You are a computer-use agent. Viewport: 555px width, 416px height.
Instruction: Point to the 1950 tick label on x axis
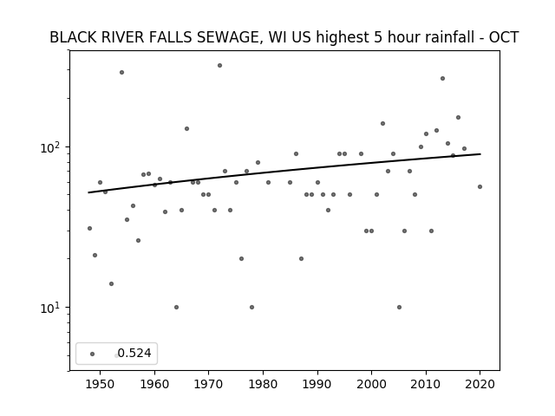[100, 384]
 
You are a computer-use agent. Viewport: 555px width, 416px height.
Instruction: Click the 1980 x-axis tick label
[263, 384]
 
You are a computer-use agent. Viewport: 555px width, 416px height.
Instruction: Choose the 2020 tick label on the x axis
[480, 384]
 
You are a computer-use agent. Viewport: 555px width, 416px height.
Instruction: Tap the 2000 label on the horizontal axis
[371, 384]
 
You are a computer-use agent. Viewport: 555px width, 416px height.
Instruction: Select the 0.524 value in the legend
[134, 353]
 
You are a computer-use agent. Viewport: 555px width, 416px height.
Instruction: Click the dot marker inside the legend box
[93, 354]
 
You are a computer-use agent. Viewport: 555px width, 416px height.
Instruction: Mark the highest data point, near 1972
[219, 66]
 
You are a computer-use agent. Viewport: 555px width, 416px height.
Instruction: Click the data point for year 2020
[480, 187]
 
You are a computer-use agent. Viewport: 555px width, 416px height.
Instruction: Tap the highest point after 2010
[442, 79]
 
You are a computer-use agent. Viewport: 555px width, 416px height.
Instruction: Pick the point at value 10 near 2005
[399, 307]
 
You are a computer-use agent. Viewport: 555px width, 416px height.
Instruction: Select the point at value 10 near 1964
[176, 307]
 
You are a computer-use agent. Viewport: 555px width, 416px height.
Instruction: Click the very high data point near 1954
[121, 73]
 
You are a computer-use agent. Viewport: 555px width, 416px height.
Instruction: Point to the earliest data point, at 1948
[89, 229]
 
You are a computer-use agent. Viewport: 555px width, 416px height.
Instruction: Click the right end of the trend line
[480, 154]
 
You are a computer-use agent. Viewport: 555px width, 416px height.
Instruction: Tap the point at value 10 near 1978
[251, 307]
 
